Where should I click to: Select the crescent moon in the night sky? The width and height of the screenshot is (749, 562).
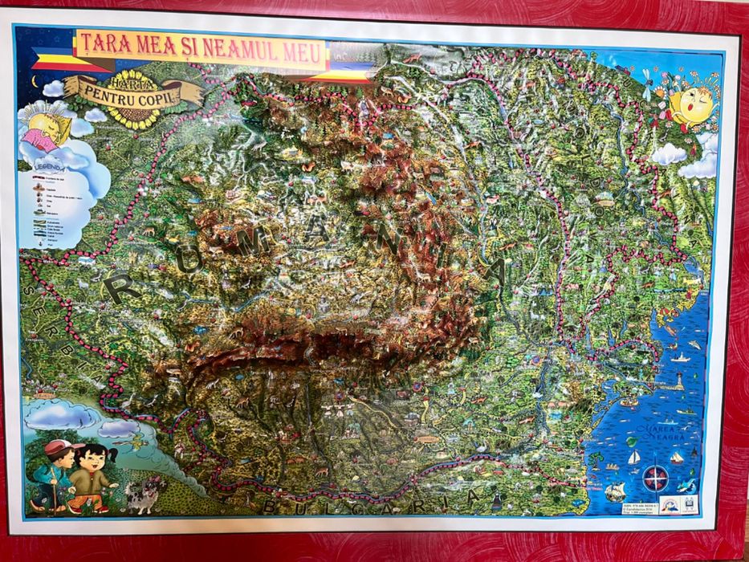[35, 79]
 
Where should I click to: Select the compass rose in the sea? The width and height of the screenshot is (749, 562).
[657, 477]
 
